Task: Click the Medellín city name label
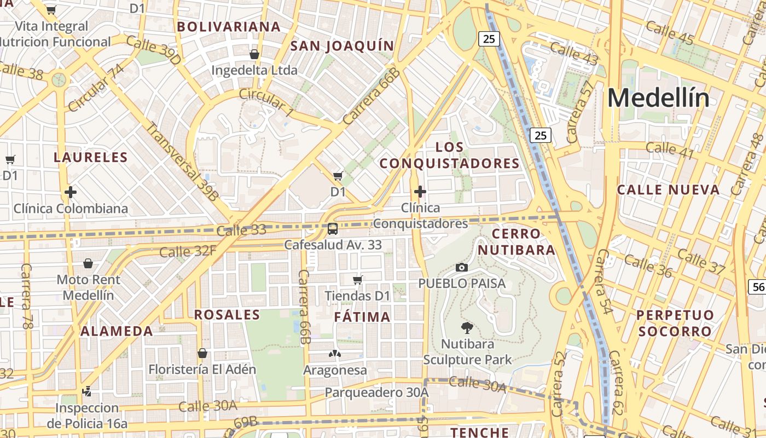(x=658, y=99)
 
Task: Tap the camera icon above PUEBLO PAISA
(x=462, y=267)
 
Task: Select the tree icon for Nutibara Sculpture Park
(x=467, y=328)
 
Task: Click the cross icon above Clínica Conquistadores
(x=420, y=192)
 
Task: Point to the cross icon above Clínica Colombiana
(x=70, y=192)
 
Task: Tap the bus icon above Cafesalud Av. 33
(x=332, y=229)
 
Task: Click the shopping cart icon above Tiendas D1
(x=357, y=280)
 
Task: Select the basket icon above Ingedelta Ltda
(x=254, y=54)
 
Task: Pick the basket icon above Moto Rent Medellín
(x=88, y=264)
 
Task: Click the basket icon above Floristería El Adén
(x=202, y=353)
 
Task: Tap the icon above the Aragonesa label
(x=334, y=354)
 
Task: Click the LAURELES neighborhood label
(x=90, y=158)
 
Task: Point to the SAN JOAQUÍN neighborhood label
(x=342, y=46)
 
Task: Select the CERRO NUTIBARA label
(x=516, y=242)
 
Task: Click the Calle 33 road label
(x=241, y=230)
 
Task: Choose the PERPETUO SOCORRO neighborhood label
(x=675, y=323)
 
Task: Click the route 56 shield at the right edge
(x=758, y=287)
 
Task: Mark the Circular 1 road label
(x=266, y=102)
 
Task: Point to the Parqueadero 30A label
(x=376, y=393)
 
